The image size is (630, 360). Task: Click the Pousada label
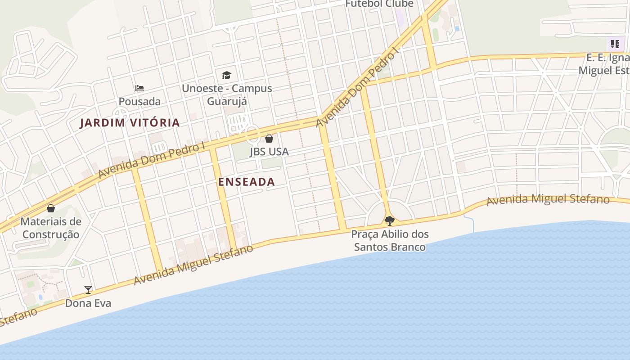coord(139,101)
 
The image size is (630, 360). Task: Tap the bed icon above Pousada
coord(139,88)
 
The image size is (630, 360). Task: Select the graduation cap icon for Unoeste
coord(226,75)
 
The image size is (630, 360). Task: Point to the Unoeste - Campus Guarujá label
coord(227,94)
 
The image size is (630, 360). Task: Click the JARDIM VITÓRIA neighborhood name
coord(130,122)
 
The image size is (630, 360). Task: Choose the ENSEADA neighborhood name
coord(246,182)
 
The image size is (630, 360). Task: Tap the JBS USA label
coord(269,152)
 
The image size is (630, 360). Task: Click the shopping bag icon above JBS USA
coord(269,139)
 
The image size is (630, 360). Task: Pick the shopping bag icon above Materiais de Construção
coord(51,208)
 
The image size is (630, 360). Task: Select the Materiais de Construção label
coord(51,228)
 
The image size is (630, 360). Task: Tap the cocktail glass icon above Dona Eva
coord(88,289)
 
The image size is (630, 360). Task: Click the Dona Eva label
coord(88,303)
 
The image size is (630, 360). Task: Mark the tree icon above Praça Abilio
coord(390,221)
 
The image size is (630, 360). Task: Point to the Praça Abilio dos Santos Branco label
coord(390,240)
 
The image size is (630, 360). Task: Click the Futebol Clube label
coord(379,4)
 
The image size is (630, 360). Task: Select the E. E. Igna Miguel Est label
coord(604,64)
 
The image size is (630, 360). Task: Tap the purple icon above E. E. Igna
coord(615,44)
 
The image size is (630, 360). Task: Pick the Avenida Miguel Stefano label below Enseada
coord(193,265)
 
